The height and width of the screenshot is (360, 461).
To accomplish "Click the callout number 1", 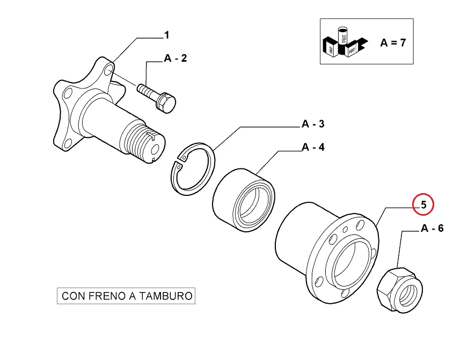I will coord(166,35).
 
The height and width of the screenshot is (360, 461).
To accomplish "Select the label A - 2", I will coord(175,58).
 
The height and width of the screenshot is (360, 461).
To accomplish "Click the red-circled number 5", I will coord(423,204).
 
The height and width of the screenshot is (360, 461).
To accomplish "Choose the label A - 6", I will coord(432,229).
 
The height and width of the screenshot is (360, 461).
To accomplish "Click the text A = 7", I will coord(393,43).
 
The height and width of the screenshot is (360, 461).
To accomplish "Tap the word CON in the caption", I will coord(72,296).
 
